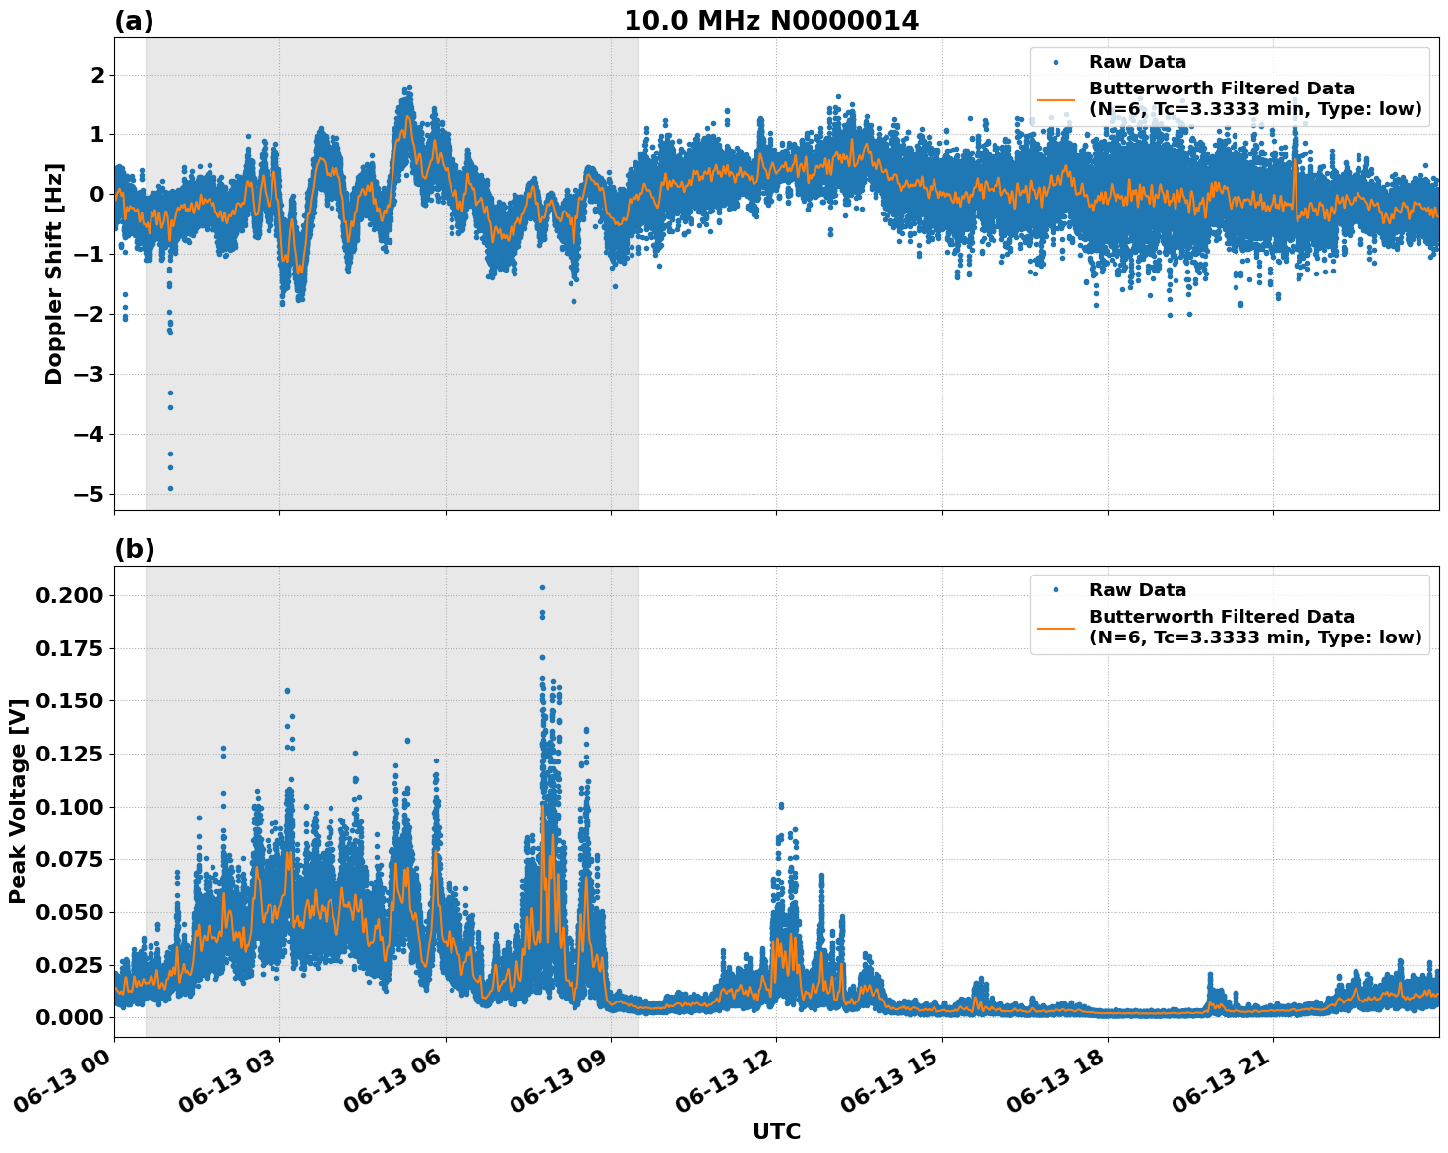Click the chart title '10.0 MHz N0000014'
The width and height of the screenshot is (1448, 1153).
[770, 21]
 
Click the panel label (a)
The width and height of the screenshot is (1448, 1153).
[134, 21]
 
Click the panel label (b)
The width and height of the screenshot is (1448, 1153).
[134, 549]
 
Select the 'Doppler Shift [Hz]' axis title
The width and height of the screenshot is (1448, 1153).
[54, 273]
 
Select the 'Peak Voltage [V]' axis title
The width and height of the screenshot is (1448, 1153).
[17, 802]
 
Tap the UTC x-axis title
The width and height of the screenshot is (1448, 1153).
[776, 1131]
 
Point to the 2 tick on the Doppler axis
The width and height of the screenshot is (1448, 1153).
[96, 75]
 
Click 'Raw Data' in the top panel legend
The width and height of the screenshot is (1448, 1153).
[1137, 62]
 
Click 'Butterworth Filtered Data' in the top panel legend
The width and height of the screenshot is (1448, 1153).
[1221, 89]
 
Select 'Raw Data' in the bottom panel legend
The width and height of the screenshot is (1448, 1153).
[1137, 590]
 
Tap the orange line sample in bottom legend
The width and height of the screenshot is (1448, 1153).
[1056, 627]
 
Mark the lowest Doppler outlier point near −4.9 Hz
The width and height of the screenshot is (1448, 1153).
[170, 488]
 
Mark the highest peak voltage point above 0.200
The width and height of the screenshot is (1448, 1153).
[542, 587]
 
